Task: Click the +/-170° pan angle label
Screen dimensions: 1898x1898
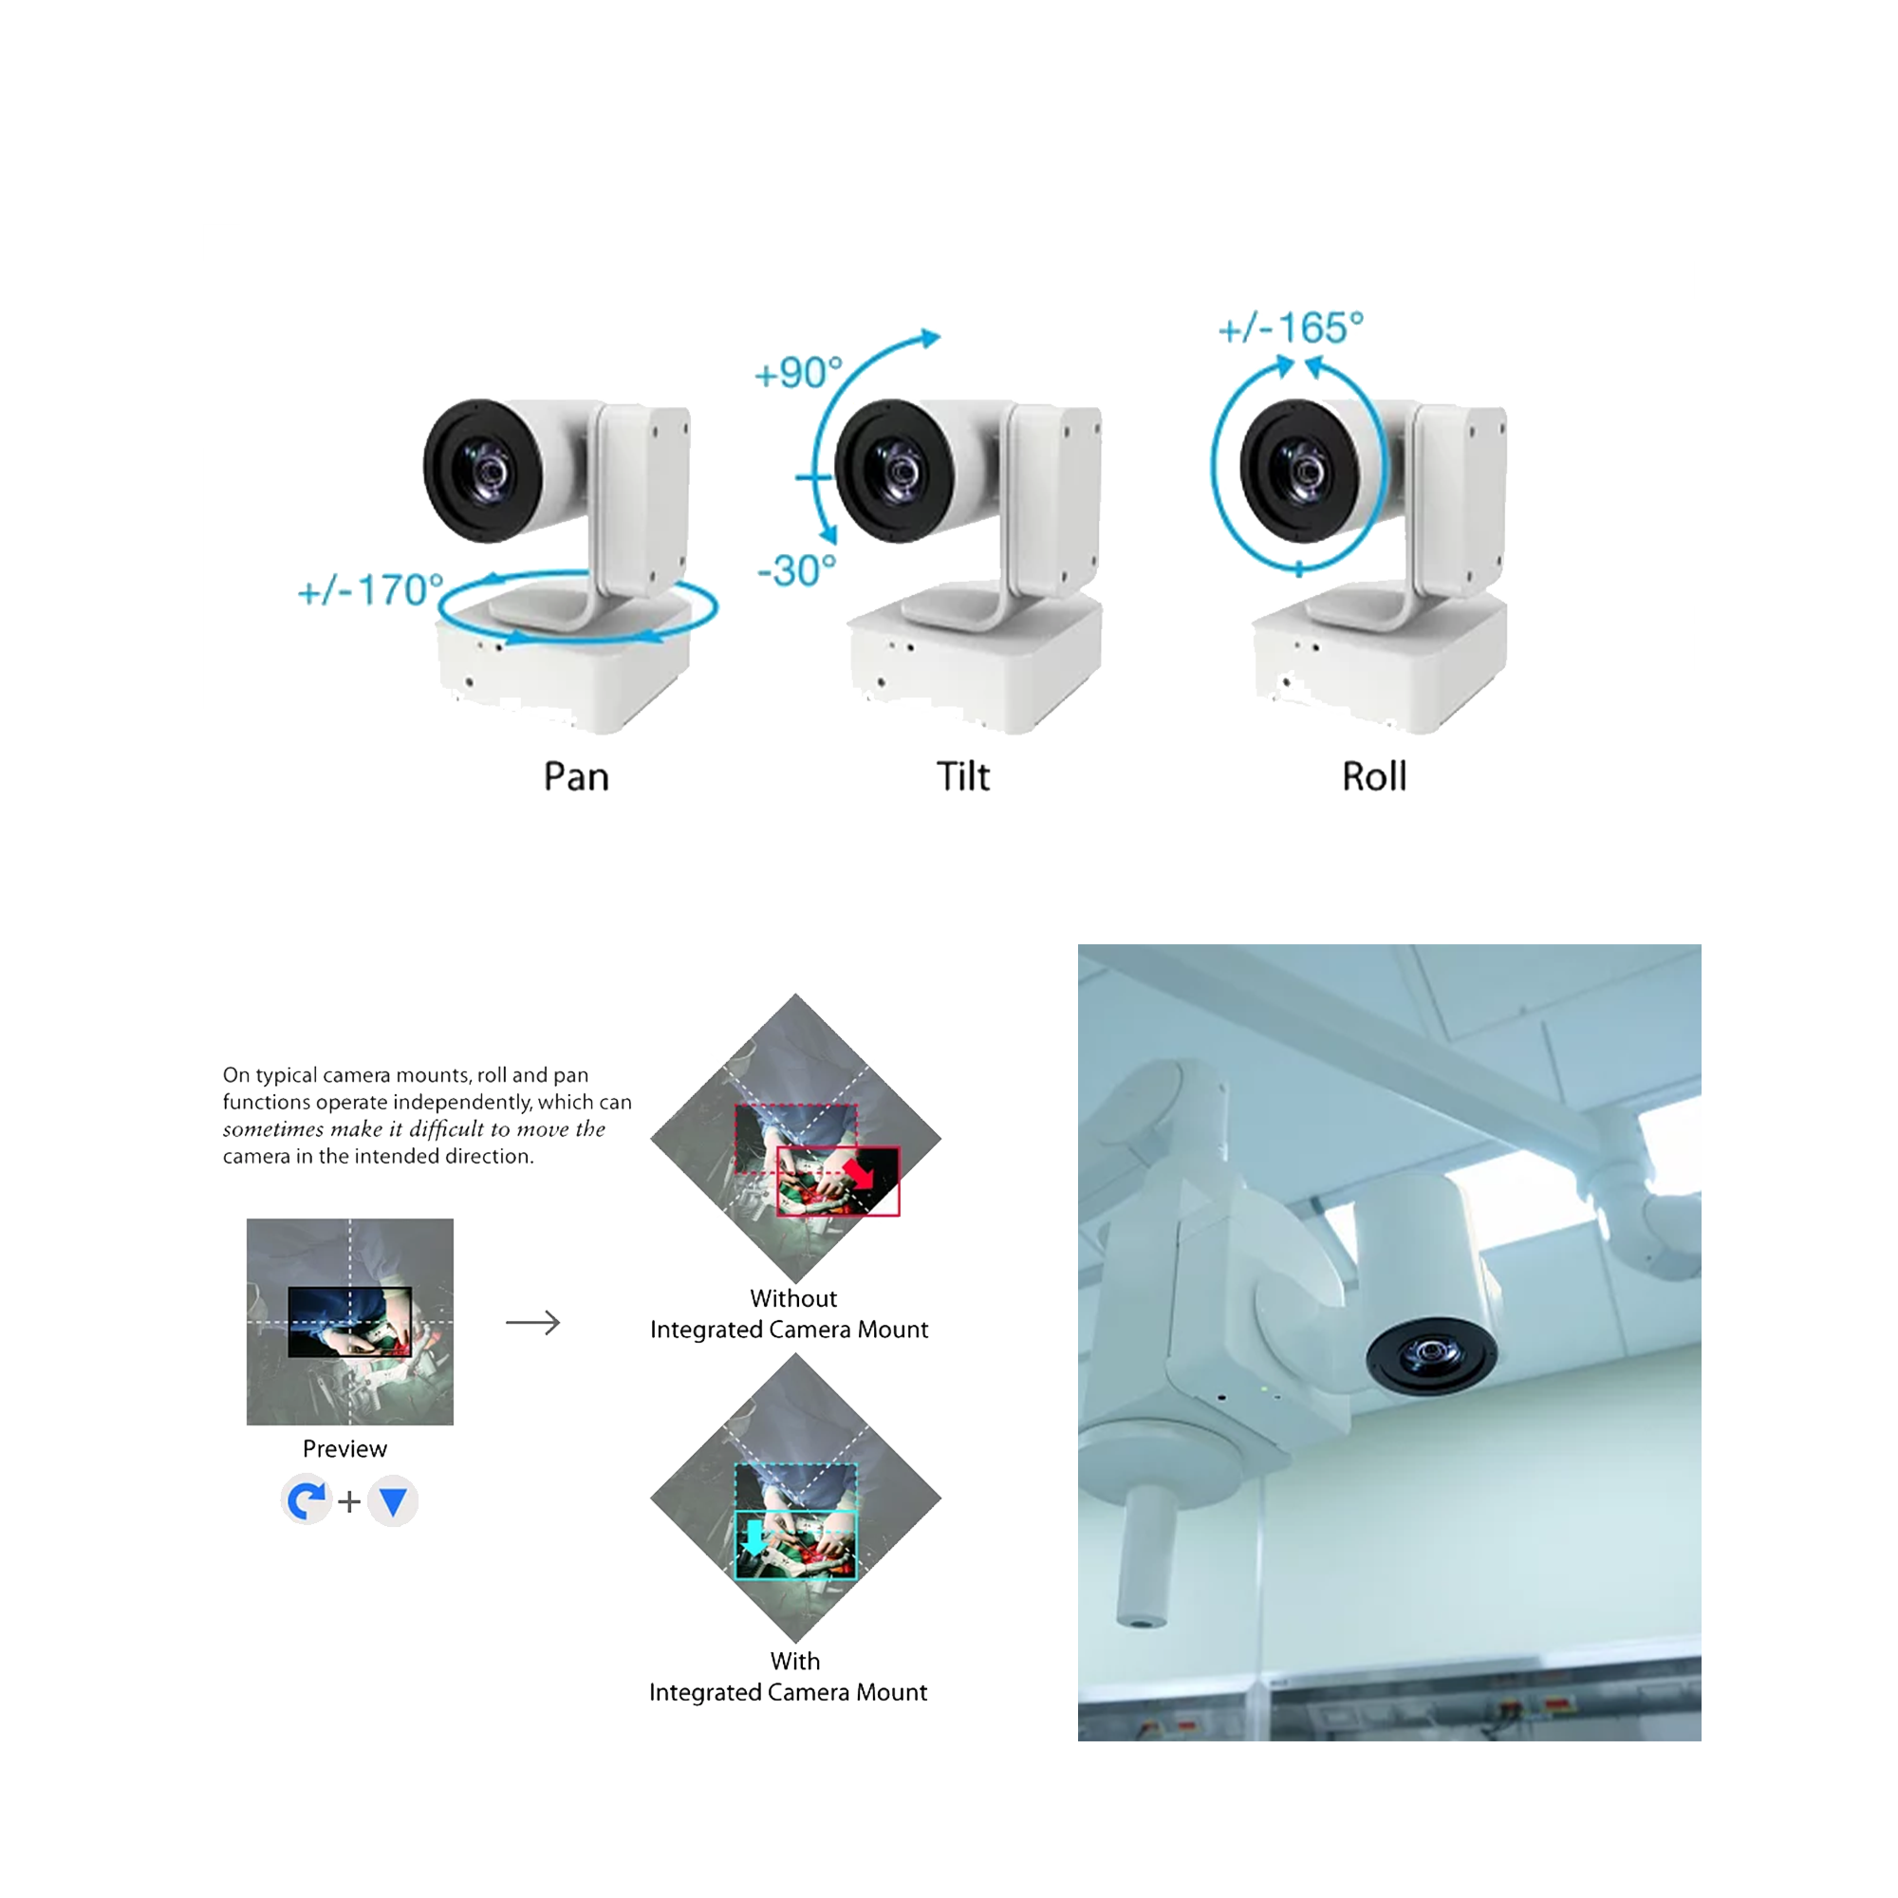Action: (370, 589)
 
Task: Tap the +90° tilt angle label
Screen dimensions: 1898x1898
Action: (798, 372)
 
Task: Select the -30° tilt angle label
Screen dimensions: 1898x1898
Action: (796, 569)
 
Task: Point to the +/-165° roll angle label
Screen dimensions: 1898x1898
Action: (1290, 328)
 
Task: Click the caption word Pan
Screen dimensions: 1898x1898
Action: (576, 776)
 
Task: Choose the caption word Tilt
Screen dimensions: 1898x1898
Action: (961, 776)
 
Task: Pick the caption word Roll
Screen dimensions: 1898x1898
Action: (1373, 776)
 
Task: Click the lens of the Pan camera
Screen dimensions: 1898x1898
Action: (482, 471)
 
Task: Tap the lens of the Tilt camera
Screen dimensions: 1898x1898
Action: (894, 471)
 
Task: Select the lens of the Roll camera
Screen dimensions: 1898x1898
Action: (1300, 471)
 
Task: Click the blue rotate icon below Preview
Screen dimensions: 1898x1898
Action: (307, 1500)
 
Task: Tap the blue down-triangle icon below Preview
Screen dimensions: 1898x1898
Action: (393, 1501)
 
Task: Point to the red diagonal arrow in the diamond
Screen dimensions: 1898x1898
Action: (859, 1173)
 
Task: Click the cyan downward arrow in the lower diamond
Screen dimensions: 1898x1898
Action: (754, 1538)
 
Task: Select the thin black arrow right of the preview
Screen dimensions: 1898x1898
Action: (532, 1322)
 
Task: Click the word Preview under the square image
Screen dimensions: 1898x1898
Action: (344, 1449)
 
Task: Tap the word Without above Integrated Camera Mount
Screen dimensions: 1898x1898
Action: (792, 1299)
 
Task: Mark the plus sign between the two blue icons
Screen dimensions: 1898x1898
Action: (348, 1502)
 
